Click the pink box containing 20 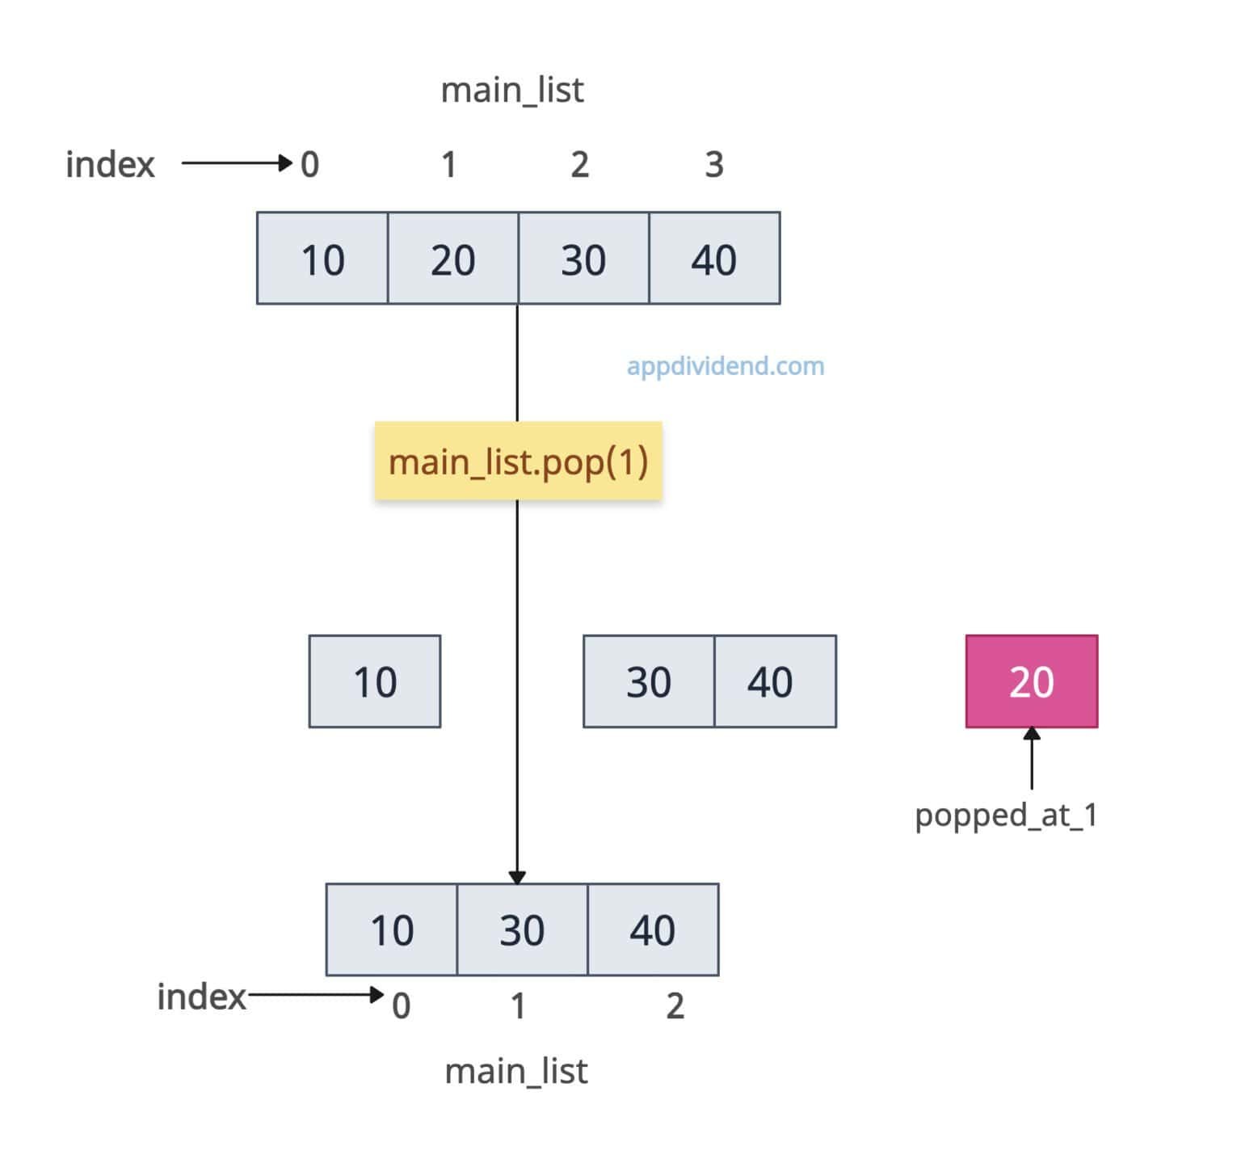tap(1031, 681)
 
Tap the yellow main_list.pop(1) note tap(518, 461)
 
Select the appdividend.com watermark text tap(726, 366)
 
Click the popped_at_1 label tap(1006, 815)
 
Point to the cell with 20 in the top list tap(452, 259)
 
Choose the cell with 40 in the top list tap(714, 259)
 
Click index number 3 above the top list tap(714, 165)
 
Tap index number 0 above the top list tap(310, 165)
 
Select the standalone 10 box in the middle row tap(375, 681)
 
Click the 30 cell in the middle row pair tap(649, 681)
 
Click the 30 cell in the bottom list tap(522, 929)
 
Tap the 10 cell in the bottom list tap(392, 929)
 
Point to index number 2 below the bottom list tap(675, 1006)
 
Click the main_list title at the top tap(512, 90)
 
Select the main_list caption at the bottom tap(516, 1071)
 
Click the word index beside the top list tap(110, 165)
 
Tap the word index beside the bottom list tap(201, 997)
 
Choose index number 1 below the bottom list tap(519, 1006)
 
